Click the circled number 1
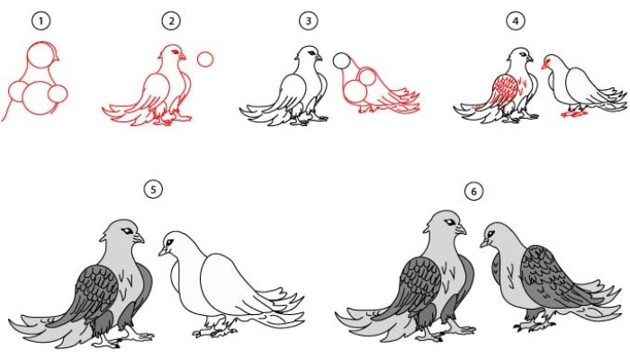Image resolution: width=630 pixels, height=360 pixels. point(41,21)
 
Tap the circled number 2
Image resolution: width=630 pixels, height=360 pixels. point(171,21)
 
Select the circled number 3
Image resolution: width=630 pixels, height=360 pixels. point(309,21)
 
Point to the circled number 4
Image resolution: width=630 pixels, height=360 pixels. point(516,21)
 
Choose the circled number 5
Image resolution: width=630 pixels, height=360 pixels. point(153,189)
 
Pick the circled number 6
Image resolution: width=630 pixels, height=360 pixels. point(473,192)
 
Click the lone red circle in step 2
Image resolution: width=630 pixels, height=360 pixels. point(205,59)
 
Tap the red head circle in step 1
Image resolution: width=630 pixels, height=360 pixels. point(40,55)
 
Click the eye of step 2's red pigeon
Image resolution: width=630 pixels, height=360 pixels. point(175,52)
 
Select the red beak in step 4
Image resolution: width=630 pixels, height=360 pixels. point(544,65)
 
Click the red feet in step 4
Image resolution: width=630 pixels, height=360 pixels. point(574,113)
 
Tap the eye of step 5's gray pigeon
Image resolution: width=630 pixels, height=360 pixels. point(128,231)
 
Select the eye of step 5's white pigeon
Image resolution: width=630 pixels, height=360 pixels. point(169,243)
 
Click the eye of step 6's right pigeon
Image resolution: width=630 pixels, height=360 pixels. point(490,233)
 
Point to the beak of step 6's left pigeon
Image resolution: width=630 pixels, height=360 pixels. point(461,229)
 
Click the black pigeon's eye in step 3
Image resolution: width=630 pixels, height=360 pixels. point(311,53)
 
